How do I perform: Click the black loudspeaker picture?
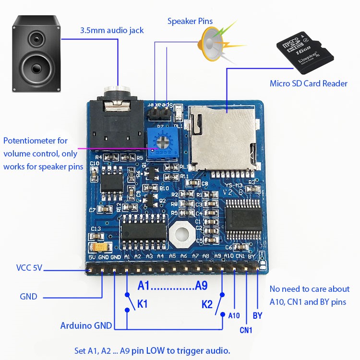click(36, 54)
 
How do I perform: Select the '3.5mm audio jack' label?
click(111, 30)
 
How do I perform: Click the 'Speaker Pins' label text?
click(190, 21)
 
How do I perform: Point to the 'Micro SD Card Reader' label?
click(308, 84)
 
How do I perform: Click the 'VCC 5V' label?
click(29, 268)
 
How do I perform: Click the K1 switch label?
click(143, 304)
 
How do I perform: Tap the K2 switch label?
click(207, 304)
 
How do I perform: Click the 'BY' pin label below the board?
click(258, 316)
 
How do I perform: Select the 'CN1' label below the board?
click(246, 330)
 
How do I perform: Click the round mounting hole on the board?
click(181, 234)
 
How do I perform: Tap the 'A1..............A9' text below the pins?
click(172, 286)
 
